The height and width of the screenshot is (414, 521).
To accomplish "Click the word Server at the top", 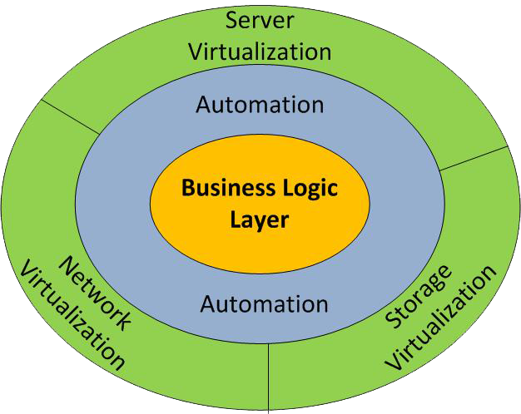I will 260,20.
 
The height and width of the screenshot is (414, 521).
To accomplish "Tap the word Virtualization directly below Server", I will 260,52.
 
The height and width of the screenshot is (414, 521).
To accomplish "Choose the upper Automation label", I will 260,106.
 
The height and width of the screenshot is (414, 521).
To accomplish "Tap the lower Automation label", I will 265,303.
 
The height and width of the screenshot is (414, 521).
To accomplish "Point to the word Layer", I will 260,220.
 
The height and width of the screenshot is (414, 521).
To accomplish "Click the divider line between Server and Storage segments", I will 472,159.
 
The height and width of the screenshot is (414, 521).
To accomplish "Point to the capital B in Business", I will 187,188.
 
